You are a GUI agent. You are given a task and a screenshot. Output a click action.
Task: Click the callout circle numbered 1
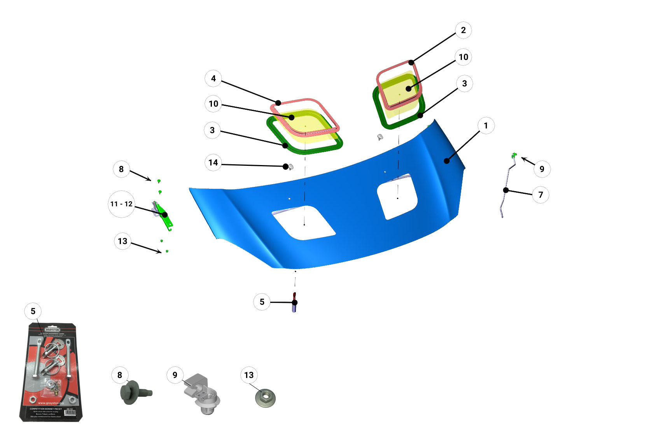[486, 126]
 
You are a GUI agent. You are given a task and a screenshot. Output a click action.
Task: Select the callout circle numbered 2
[463, 30]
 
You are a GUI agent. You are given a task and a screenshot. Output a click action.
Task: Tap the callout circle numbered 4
[213, 79]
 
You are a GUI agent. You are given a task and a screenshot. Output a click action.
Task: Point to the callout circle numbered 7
[540, 195]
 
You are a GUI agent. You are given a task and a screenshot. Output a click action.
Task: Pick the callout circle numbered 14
[213, 163]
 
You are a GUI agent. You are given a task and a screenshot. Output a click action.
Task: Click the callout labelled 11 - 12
[121, 204]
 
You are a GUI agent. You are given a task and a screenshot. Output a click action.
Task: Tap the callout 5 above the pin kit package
[33, 311]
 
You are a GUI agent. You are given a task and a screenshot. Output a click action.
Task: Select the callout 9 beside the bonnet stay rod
[542, 169]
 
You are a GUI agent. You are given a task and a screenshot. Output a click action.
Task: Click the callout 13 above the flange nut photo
[249, 375]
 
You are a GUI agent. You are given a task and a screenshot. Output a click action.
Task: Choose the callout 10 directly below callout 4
[213, 104]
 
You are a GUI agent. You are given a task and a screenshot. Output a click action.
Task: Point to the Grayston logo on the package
[52, 330]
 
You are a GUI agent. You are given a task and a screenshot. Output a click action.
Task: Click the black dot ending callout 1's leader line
[447, 161]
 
